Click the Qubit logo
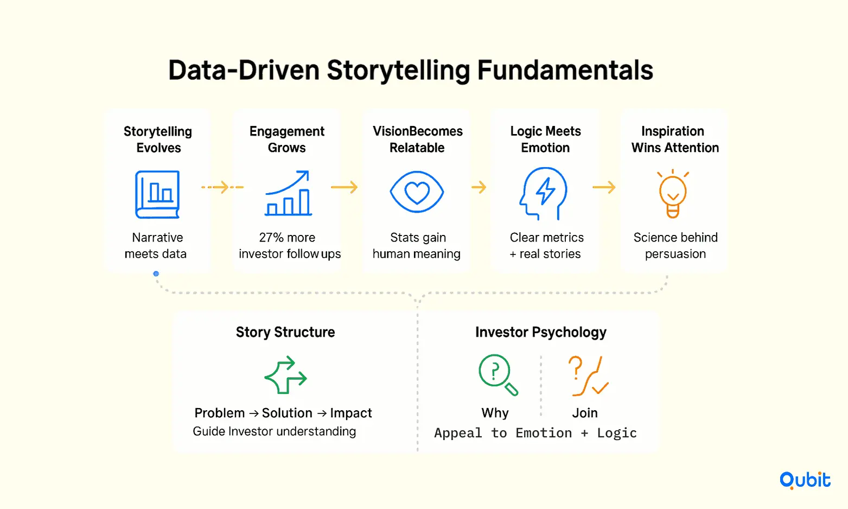pyautogui.click(x=805, y=480)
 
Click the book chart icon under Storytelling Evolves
pyautogui.click(x=157, y=194)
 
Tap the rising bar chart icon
pyautogui.click(x=288, y=194)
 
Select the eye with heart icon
pyautogui.click(x=417, y=192)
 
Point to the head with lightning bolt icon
pyautogui.click(x=544, y=194)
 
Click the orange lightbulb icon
pyautogui.click(x=673, y=194)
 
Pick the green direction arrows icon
pyautogui.click(x=285, y=375)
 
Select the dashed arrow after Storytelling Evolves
pyautogui.click(x=222, y=188)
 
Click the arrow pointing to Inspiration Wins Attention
pyautogui.click(x=604, y=188)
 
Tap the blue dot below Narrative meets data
pyautogui.click(x=156, y=274)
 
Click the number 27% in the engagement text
pyautogui.click(x=271, y=238)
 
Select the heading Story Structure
pyautogui.click(x=285, y=332)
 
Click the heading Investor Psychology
pyautogui.click(x=540, y=332)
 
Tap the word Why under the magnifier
pyautogui.click(x=495, y=413)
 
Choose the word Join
pyautogui.click(x=585, y=413)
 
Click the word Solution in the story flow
pyautogui.click(x=287, y=413)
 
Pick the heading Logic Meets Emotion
pyautogui.click(x=545, y=139)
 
